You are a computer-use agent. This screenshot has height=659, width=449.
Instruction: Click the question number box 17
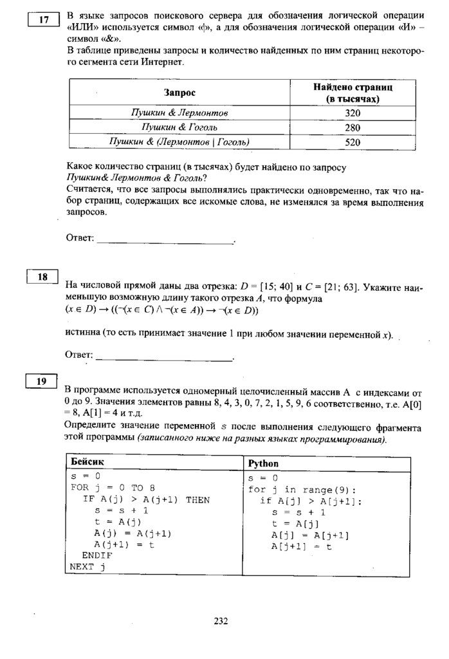[x=44, y=20]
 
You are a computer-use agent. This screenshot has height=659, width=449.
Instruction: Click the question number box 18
[x=43, y=277]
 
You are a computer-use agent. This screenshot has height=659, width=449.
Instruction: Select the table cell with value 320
[x=353, y=113]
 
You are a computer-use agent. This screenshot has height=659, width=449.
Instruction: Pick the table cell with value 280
[x=353, y=127]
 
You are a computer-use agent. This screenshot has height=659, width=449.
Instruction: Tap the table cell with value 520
[x=353, y=142]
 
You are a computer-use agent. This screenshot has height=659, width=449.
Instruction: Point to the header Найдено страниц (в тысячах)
[x=353, y=93]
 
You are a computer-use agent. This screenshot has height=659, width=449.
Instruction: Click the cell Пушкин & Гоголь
[x=179, y=127]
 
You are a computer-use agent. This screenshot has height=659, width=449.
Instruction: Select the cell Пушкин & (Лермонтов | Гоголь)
[x=179, y=142]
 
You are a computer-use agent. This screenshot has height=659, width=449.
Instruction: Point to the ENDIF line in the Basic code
[x=96, y=555]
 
